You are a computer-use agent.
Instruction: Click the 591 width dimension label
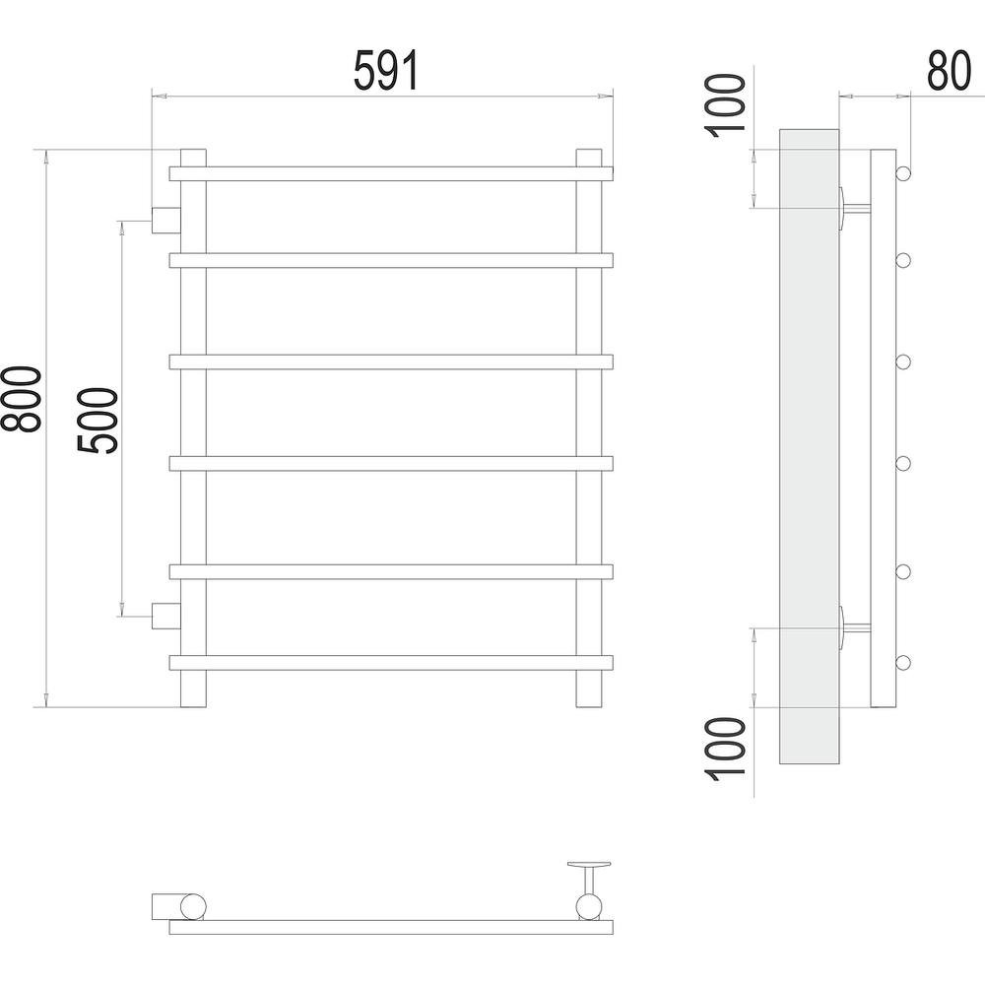386,70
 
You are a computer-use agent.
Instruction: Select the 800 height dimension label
22,399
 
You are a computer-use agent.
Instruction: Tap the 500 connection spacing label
98,421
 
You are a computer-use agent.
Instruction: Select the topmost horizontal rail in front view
391,173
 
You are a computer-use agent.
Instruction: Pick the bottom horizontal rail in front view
391,663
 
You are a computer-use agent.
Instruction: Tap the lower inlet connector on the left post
166,617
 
